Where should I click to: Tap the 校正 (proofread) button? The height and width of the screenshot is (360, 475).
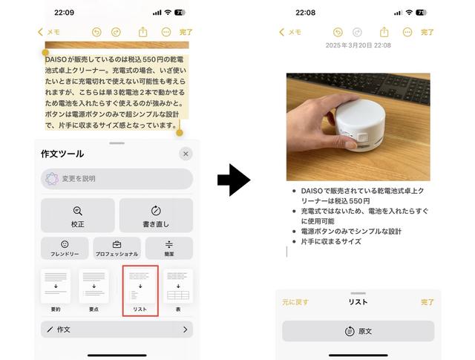click(77, 215)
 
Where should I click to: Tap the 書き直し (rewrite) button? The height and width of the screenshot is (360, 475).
click(156, 215)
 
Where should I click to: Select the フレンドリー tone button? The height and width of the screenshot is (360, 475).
click(65, 248)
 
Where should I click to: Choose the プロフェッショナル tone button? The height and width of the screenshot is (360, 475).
click(117, 248)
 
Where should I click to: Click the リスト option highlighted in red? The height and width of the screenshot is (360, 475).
click(140, 291)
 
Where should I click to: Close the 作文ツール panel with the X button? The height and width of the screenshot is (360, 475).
click(186, 154)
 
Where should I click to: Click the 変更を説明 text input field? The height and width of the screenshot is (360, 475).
click(117, 179)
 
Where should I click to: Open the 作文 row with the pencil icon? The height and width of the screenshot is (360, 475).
click(117, 330)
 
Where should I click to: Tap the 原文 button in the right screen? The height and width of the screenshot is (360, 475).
click(358, 331)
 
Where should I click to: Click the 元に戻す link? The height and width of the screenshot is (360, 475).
click(295, 302)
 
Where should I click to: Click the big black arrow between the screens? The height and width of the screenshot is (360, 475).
click(234, 180)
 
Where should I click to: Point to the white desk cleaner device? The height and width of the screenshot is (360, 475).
click(360, 124)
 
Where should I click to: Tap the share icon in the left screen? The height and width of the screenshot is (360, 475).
click(142, 32)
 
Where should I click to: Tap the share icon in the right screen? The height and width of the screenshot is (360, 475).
click(384, 32)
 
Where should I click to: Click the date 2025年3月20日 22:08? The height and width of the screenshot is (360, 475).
click(358, 45)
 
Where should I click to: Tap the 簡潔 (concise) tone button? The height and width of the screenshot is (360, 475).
click(169, 248)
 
